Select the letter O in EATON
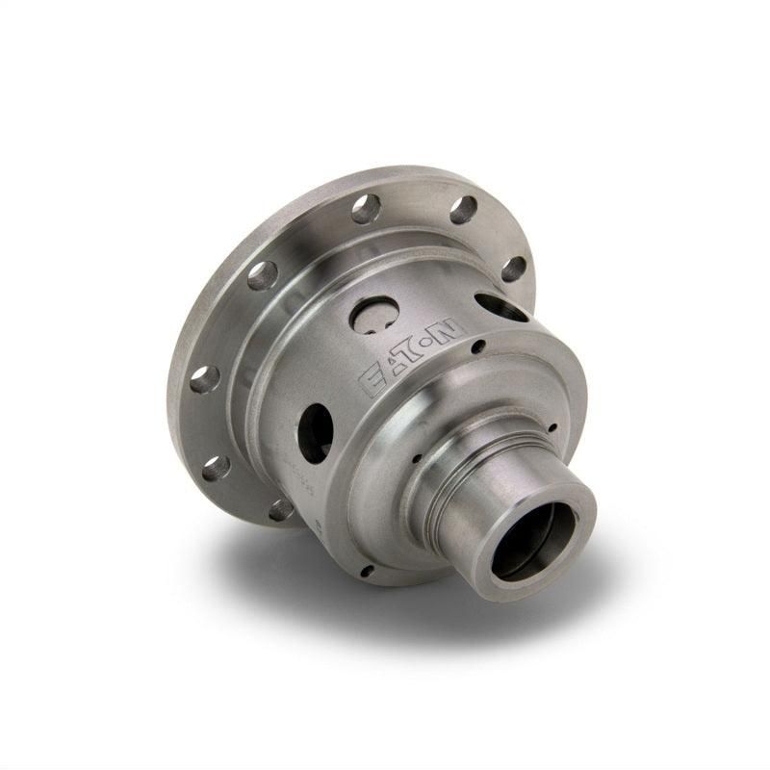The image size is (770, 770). pos(435,339)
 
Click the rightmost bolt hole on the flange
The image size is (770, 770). pos(514,269)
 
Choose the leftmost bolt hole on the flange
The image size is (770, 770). pos(204,379)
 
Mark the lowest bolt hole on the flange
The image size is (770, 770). pos(281,508)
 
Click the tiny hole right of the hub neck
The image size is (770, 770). pos(553,428)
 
